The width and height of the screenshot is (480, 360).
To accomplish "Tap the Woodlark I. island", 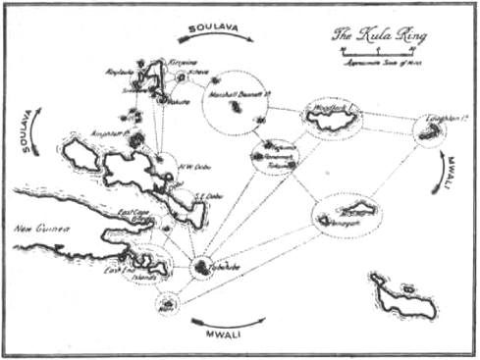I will pos(332,118).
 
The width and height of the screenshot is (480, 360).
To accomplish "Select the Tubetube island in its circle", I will pos(203,266).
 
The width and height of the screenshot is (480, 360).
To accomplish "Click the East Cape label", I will pos(133,212).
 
